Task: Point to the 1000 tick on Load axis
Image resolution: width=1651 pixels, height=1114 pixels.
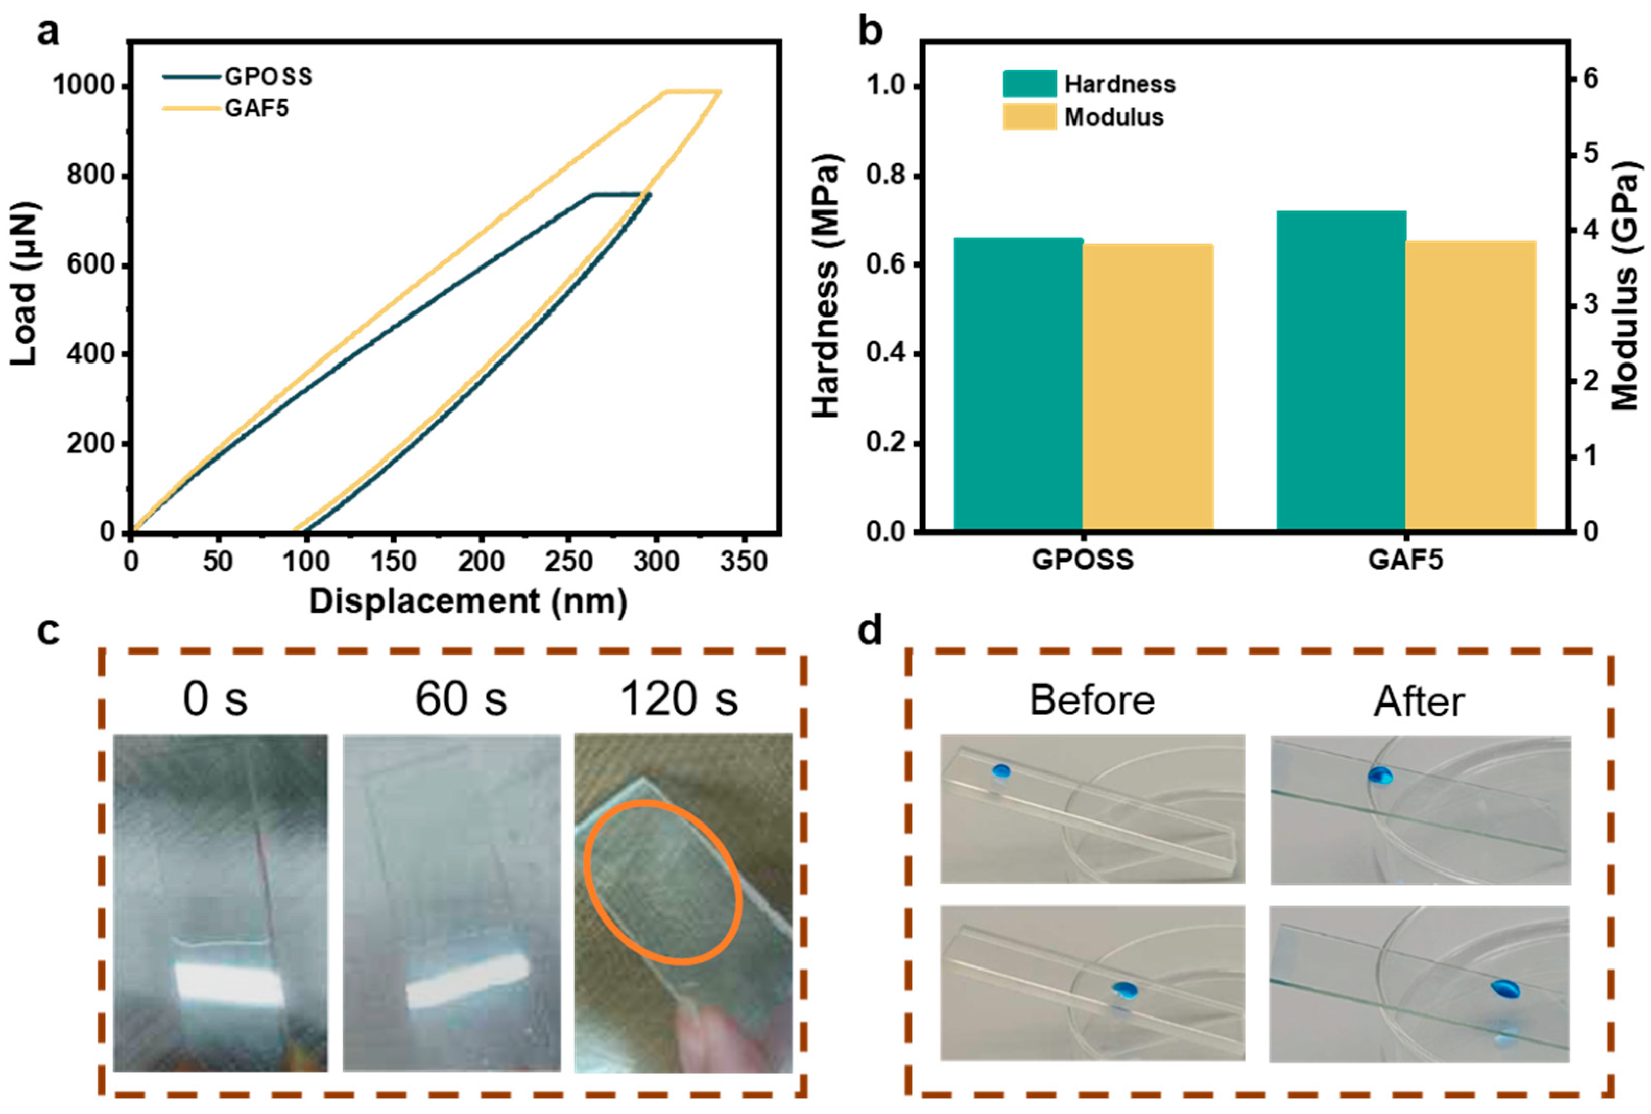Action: click(x=84, y=86)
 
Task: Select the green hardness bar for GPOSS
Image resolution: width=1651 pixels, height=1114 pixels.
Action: click(x=1017, y=384)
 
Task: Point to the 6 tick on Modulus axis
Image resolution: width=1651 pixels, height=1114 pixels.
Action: click(x=1590, y=78)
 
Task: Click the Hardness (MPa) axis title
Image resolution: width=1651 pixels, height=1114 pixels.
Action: click(x=826, y=285)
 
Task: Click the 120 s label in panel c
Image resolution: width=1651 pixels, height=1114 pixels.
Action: click(x=679, y=699)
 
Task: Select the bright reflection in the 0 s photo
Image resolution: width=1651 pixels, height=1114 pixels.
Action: click(x=229, y=981)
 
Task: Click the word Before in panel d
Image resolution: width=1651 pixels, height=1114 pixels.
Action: click(x=1092, y=701)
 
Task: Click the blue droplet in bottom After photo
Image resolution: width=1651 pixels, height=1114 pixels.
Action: click(x=1504, y=988)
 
